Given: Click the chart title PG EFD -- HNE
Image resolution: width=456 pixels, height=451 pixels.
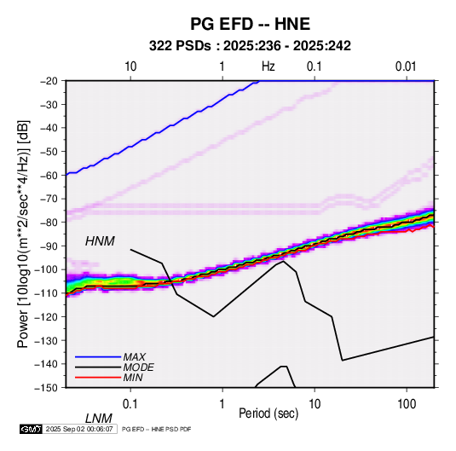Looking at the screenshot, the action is click(x=250, y=24).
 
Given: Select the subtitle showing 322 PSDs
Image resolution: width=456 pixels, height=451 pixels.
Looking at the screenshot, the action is click(x=250, y=46).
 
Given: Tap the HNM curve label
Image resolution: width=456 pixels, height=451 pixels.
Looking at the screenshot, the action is click(x=100, y=241).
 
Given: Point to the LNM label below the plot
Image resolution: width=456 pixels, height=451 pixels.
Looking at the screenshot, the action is click(x=98, y=419).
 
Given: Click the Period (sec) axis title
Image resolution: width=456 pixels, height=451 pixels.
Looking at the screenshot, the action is click(x=268, y=413).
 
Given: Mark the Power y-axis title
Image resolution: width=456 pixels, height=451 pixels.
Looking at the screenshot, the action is click(x=23, y=234).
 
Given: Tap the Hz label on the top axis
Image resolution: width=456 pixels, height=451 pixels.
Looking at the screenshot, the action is click(x=268, y=66).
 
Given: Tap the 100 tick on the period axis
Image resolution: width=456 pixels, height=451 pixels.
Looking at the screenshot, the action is click(x=407, y=404).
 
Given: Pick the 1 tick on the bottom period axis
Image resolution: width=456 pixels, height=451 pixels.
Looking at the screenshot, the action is click(x=222, y=404).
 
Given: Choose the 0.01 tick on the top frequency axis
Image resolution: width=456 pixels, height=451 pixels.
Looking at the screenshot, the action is click(x=406, y=66).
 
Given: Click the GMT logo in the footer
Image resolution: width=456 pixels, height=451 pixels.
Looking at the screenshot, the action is click(x=32, y=429).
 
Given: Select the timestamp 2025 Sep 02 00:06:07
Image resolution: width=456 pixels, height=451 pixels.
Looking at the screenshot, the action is click(x=79, y=429).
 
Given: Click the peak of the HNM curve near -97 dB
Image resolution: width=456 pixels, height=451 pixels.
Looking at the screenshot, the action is click(x=283, y=261).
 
